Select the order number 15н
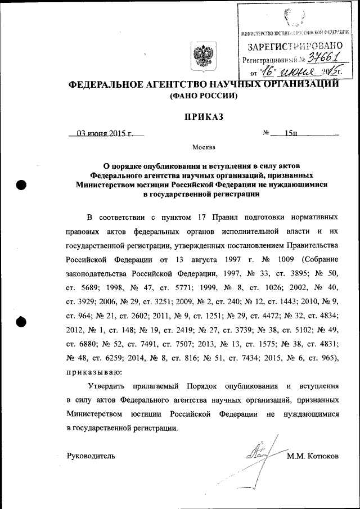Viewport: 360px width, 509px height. pos(291,133)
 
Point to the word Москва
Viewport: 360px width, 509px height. pos(204,147)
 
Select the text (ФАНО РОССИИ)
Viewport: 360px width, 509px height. pos(204,96)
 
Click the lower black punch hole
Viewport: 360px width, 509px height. pos(21,322)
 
